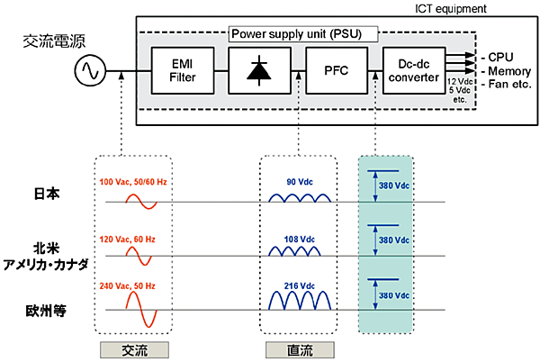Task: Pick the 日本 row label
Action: click(49, 195)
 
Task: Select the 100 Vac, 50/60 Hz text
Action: click(135, 184)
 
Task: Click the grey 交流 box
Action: click(138, 348)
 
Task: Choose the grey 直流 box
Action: click(298, 348)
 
